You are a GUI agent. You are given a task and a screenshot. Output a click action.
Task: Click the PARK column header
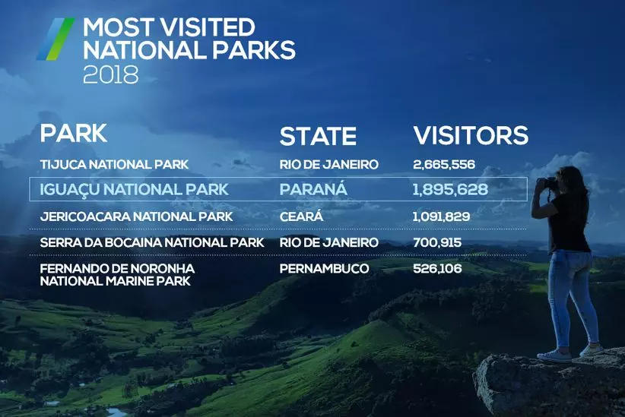coord(73,133)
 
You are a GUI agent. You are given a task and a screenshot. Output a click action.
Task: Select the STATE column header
coord(318,136)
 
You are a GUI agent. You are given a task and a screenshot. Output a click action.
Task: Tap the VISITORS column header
coord(471,135)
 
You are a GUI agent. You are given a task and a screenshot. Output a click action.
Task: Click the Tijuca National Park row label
coord(114,165)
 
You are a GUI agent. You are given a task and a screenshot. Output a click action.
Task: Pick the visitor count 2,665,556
coord(444,165)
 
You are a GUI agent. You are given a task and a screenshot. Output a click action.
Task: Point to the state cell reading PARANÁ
coord(313,189)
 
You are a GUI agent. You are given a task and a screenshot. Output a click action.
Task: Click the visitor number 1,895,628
coord(450,190)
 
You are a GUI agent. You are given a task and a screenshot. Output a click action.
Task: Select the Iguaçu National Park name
coord(134,190)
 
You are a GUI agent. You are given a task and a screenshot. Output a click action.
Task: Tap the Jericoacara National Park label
coord(136,216)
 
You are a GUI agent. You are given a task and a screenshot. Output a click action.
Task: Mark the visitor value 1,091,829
coord(441,216)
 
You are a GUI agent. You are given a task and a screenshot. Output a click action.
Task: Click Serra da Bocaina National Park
coord(152,242)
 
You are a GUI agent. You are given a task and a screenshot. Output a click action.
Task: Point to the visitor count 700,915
coord(437,242)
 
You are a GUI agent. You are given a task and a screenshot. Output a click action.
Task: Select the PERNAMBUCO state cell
coord(324,268)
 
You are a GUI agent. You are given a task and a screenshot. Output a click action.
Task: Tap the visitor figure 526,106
coord(437,268)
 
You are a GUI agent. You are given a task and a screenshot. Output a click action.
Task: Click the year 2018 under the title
coord(111,74)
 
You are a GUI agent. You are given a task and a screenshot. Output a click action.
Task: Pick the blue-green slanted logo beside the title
coord(56,39)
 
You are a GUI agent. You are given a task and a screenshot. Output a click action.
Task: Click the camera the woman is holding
coord(547,183)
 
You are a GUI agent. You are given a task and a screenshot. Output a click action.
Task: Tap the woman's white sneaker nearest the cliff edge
coord(554,355)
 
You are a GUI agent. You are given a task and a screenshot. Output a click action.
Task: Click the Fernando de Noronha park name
coord(117,275)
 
